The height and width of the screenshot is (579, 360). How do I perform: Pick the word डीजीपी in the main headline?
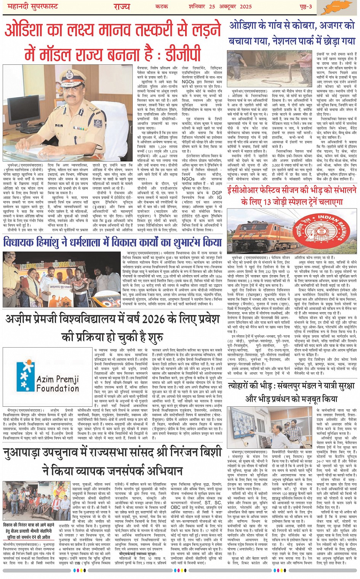179,54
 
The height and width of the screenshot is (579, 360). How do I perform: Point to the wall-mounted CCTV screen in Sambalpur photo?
253,423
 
